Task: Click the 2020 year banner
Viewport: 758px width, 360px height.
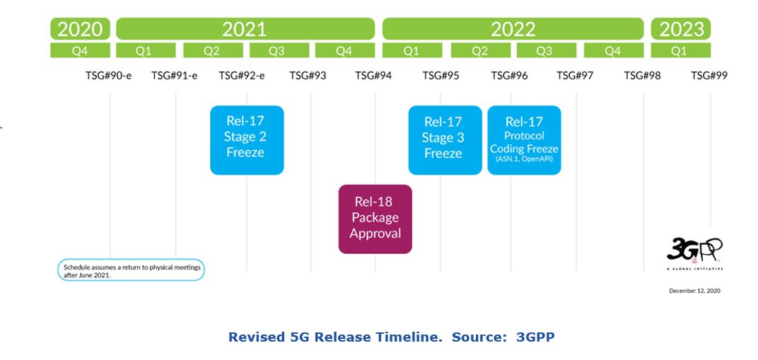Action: point(80,29)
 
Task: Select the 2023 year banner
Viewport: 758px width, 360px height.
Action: point(681,29)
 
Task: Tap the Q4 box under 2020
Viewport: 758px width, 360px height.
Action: point(80,50)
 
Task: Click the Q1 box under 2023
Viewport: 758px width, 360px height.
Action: point(681,50)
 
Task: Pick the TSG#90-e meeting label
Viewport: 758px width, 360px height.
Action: point(109,76)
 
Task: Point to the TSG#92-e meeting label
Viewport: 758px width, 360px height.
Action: point(242,76)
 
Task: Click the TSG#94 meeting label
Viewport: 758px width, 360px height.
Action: point(373,76)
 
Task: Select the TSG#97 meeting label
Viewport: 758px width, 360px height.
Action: point(575,76)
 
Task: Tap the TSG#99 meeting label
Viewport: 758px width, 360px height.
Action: point(709,76)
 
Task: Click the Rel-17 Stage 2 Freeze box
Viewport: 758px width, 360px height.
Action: point(247,140)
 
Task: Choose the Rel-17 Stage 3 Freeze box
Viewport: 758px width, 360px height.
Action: point(445,140)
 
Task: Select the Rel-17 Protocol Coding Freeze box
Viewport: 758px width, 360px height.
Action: point(524,140)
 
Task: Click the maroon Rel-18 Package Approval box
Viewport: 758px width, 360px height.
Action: point(375,219)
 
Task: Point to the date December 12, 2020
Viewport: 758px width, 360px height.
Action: point(694,291)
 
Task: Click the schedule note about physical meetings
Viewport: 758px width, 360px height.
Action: point(132,270)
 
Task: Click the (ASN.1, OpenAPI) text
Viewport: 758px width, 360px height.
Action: point(524,158)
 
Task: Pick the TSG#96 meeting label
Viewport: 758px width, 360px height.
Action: point(510,76)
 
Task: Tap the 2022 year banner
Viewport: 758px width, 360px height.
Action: point(513,29)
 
